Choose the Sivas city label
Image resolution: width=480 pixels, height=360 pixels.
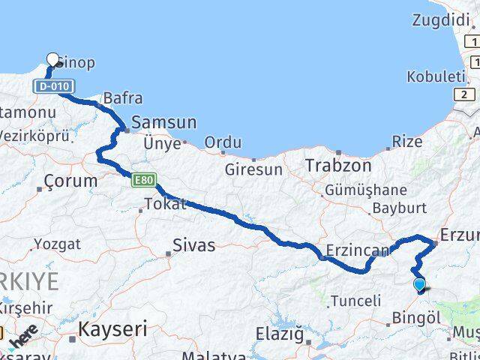[193, 244]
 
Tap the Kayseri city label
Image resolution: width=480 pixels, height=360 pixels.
[113, 328]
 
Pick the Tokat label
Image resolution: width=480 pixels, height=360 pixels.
[164, 203]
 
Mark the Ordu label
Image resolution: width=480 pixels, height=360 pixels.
[223, 142]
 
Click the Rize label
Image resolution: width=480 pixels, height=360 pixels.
[407, 142]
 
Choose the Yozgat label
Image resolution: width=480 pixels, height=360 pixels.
[57, 244]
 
